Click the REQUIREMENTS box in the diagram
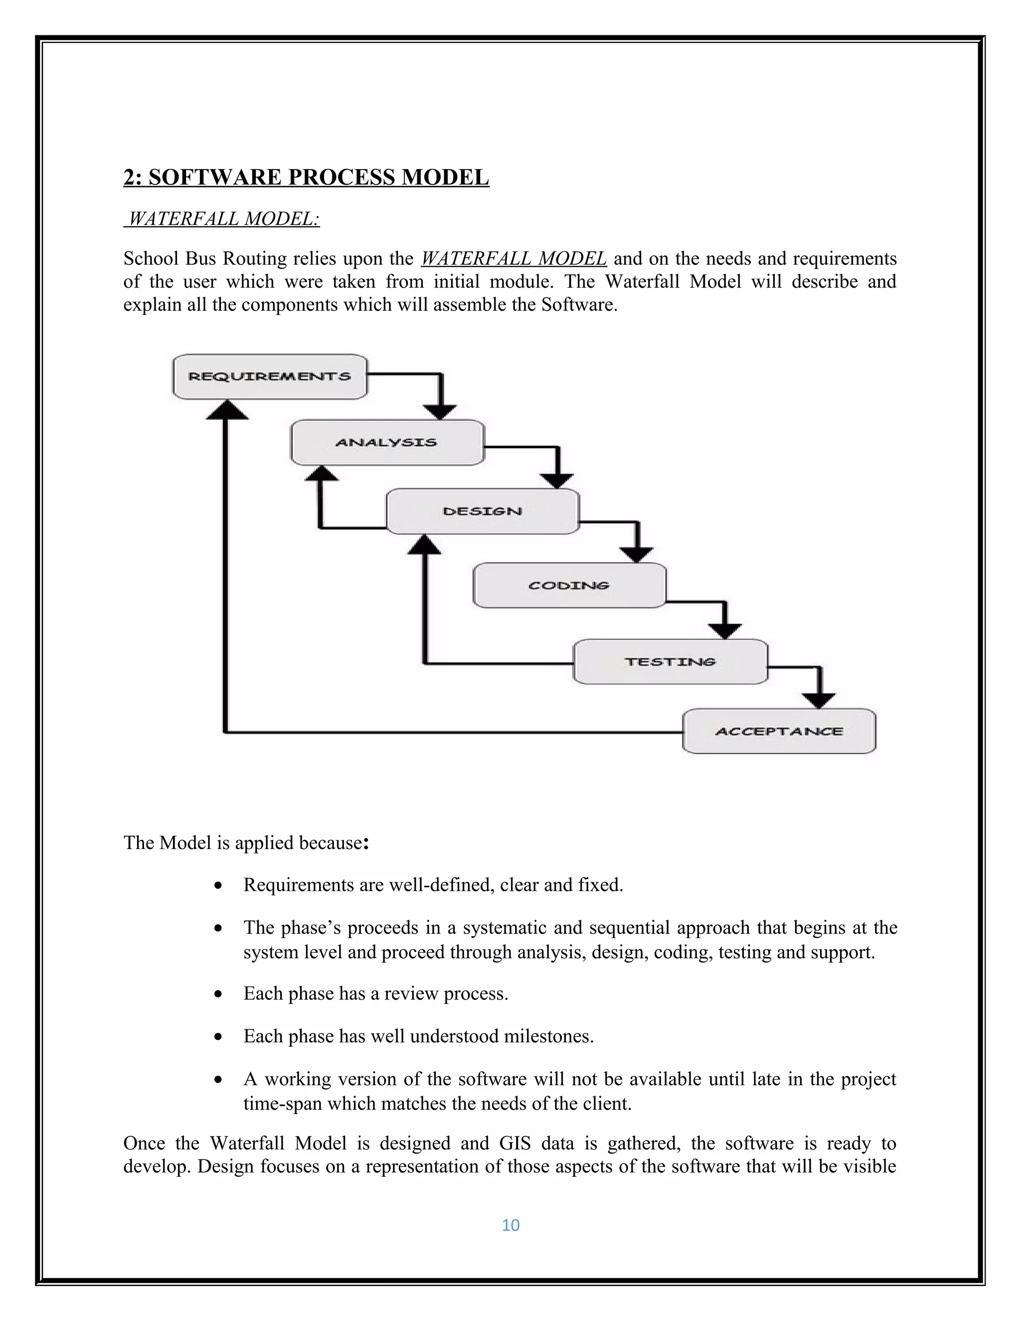pos(270,377)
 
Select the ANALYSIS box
pos(387,443)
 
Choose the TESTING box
pos(670,661)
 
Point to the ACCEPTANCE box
pos(779,731)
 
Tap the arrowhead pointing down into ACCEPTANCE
pos(819,700)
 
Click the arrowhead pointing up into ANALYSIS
pos(321,473)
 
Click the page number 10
pos(510,1225)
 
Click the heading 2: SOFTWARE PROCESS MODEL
pos(306,177)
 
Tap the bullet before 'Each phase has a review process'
pos(218,994)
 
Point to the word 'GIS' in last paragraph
pos(515,1143)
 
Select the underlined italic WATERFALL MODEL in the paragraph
pos(513,259)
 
